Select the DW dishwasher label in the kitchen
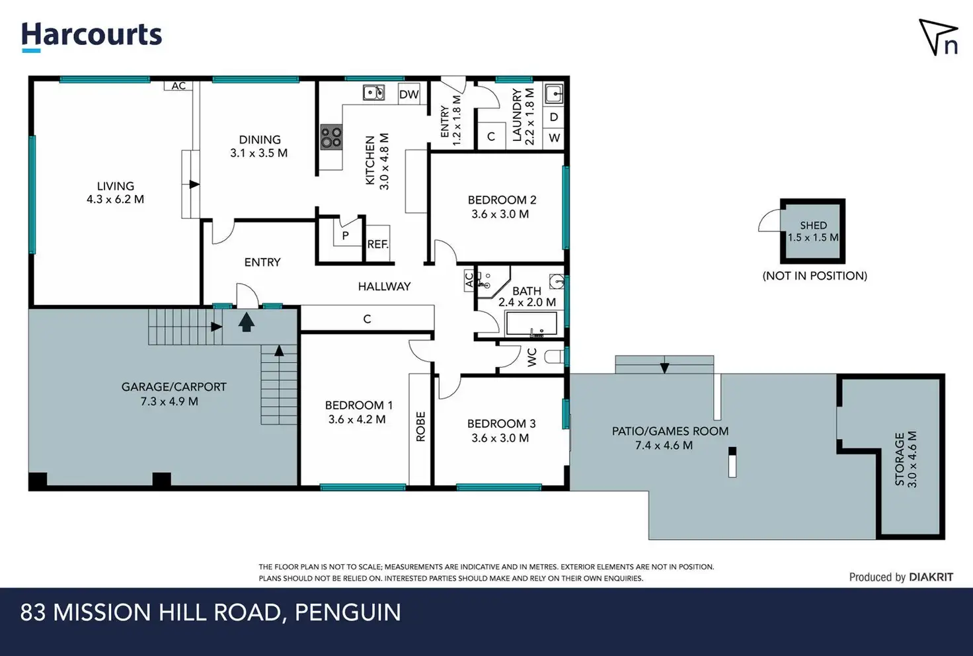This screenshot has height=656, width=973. click(x=409, y=95)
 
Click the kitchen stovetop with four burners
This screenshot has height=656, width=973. click(x=331, y=137)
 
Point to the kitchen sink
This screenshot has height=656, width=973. click(x=373, y=93)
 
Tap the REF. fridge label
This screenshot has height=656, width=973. click(x=377, y=244)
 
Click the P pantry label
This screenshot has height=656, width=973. click(x=345, y=236)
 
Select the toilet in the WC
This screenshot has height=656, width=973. click(x=554, y=356)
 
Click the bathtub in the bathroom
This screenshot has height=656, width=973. click(x=531, y=323)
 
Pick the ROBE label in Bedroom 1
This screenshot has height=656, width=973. click(x=420, y=427)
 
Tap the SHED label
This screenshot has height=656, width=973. click(x=813, y=225)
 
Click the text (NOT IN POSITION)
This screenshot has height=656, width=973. click(x=814, y=276)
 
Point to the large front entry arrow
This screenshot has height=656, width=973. click(x=247, y=322)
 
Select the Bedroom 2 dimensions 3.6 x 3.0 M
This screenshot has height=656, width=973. click(x=500, y=214)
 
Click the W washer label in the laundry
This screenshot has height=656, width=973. click(x=555, y=138)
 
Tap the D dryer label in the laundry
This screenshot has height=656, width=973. click(x=554, y=117)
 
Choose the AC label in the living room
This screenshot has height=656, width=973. click(x=178, y=86)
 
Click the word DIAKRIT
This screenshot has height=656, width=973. click(x=931, y=577)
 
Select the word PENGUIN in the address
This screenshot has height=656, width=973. click(x=348, y=612)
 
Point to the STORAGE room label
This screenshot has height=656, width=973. click(x=899, y=459)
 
